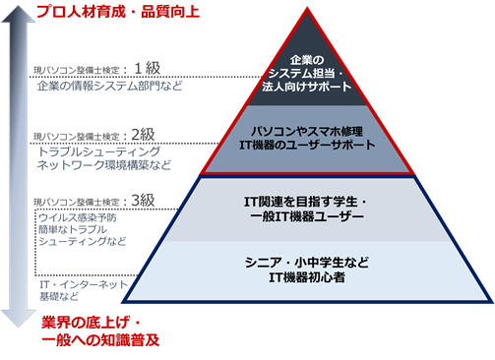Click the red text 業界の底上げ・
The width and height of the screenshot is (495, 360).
coord(93,323)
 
